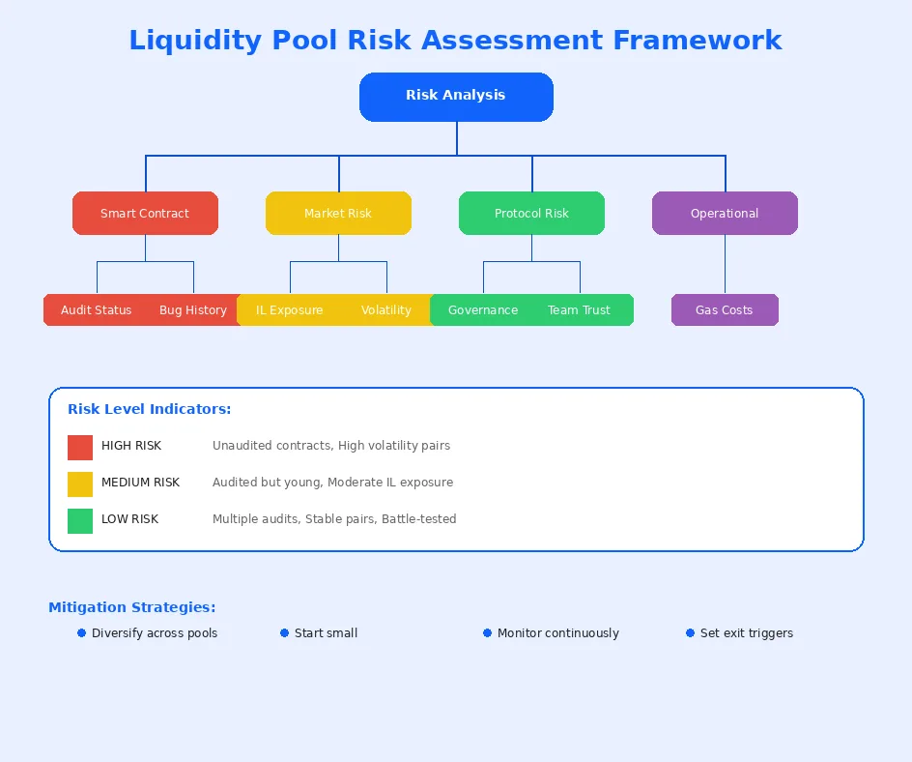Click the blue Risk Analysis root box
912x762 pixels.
456,97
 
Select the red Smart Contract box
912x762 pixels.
145,213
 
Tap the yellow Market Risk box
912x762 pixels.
338,213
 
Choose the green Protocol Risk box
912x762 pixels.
531,213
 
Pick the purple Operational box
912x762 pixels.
725,213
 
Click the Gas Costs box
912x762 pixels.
725,310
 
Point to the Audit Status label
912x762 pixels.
97,310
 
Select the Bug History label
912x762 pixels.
193,310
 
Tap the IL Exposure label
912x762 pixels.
290,310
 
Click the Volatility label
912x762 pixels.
386,310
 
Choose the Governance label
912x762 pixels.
483,310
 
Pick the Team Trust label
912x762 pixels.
580,310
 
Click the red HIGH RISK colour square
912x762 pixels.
80,447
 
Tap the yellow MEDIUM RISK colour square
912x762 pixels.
80,484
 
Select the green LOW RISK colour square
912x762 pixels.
80,520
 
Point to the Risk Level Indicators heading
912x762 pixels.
149,409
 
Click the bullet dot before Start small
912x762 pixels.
285,633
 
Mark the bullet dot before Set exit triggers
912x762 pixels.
691,633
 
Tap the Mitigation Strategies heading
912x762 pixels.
132,607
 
